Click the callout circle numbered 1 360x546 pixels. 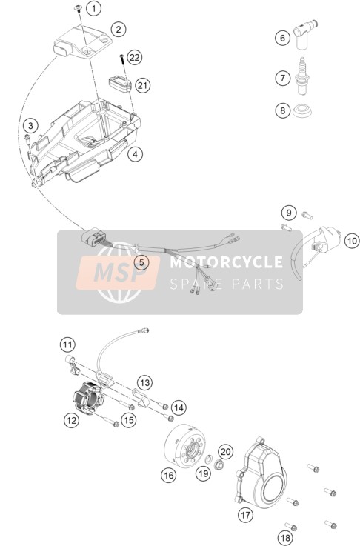[93, 7]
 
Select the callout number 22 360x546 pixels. [134, 57]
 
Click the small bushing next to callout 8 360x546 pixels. [302, 110]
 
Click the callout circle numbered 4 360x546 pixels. [135, 153]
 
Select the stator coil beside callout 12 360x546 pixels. [88, 398]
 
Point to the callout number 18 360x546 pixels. [285, 539]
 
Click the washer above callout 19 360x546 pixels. [209, 459]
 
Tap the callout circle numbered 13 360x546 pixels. [144, 383]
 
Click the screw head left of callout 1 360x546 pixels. [79, 7]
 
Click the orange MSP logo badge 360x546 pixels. [118, 273]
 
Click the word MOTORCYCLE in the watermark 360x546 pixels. [227, 262]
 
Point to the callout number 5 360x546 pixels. [141, 262]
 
